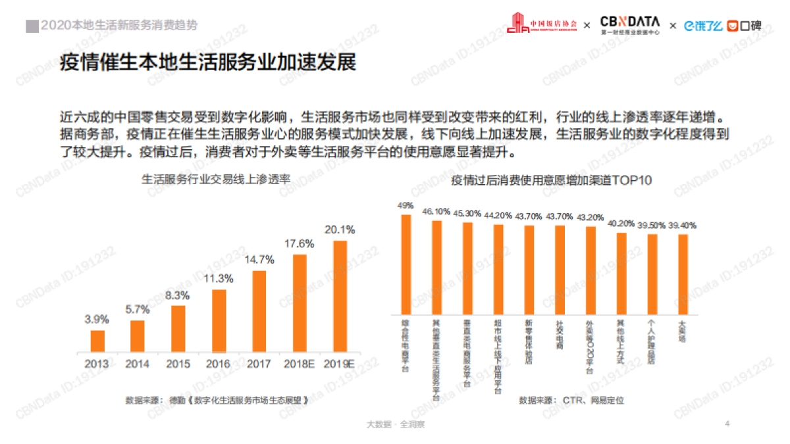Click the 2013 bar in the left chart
(x=97, y=341)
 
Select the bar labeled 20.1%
(x=340, y=296)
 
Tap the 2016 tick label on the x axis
(x=218, y=363)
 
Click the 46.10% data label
(x=436, y=212)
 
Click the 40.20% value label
(x=621, y=223)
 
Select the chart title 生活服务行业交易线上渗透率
(x=216, y=179)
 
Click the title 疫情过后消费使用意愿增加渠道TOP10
(x=551, y=180)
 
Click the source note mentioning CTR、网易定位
(x=571, y=399)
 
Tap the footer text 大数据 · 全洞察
(x=395, y=424)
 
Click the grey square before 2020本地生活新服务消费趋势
(x=31, y=26)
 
